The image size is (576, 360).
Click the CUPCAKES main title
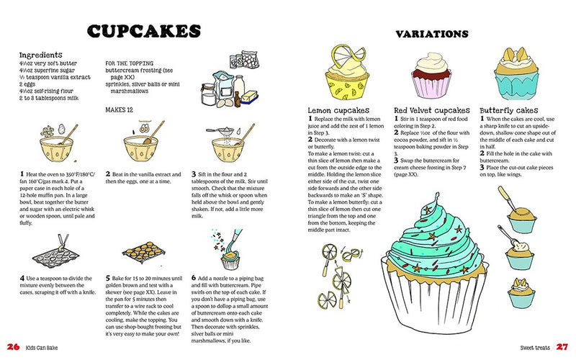tap(143, 32)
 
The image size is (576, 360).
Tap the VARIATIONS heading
tap(433, 34)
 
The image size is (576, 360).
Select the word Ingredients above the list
tap(45, 55)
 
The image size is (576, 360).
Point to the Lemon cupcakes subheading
tap(334, 109)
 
